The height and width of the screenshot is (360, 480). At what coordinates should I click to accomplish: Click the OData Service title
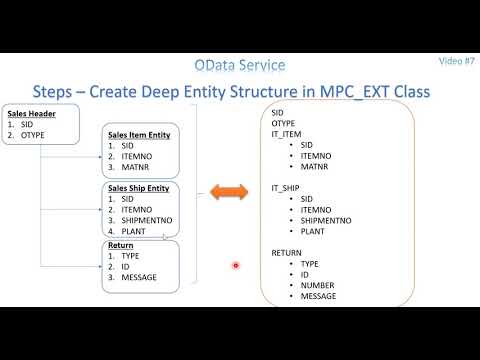coord(239,65)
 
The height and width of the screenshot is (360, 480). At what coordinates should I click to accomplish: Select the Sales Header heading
coord(28,113)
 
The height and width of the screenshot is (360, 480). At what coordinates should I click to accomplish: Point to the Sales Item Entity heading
coord(144,135)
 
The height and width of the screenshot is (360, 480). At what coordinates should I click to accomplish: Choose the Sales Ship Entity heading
coord(144,187)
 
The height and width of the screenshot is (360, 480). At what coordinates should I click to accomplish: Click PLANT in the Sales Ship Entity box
coord(135,231)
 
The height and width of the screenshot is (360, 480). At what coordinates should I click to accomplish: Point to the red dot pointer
coord(236,265)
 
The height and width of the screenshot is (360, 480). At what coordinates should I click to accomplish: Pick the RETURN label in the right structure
coord(286,253)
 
